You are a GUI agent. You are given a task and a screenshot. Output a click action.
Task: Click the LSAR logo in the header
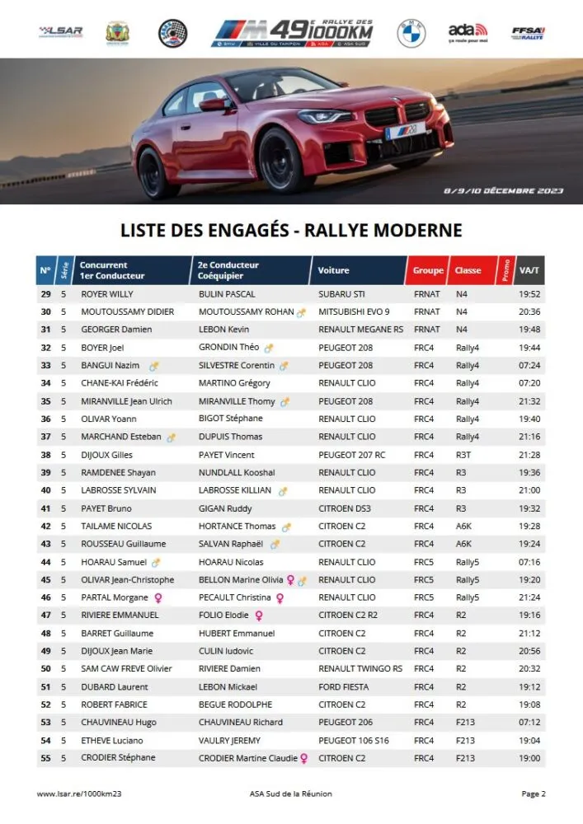click(x=60, y=32)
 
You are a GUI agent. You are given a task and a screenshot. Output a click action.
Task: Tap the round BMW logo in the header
click(x=411, y=33)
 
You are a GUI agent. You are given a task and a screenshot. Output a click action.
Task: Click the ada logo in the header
click(x=468, y=32)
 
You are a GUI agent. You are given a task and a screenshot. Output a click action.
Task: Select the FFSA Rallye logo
click(x=528, y=32)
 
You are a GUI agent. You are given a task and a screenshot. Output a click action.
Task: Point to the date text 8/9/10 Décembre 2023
click(x=503, y=190)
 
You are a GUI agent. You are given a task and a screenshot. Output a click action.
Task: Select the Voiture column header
click(x=333, y=270)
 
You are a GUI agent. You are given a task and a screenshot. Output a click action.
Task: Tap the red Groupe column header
click(x=428, y=270)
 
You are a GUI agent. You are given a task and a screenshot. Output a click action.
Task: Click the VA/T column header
click(x=529, y=270)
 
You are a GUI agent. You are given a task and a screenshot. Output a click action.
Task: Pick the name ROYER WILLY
click(x=107, y=294)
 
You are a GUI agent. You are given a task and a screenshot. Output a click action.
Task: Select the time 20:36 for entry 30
click(x=529, y=311)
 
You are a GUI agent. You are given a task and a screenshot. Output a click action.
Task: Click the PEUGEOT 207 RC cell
click(x=351, y=455)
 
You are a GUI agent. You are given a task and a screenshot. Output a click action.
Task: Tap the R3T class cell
click(x=463, y=455)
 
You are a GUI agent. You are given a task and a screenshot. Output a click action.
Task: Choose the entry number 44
click(x=45, y=562)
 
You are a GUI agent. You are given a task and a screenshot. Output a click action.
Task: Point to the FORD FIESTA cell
click(x=343, y=686)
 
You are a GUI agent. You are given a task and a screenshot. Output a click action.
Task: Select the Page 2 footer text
click(x=533, y=794)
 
